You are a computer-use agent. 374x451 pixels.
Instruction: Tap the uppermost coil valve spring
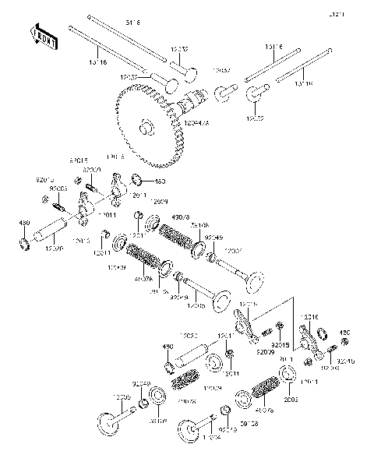click(175, 234)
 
